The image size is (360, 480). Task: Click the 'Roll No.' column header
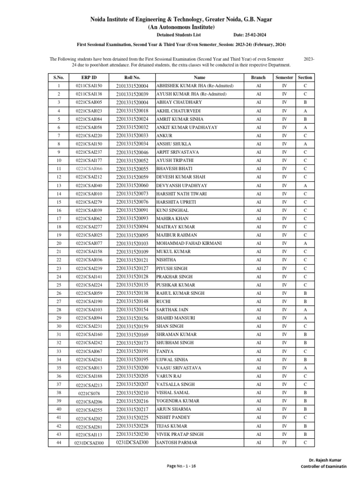tap(132, 77)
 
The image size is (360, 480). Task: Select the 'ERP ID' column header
tap(89, 77)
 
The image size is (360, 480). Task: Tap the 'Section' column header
tap(305, 77)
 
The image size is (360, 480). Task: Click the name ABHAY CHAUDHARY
tap(179, 102)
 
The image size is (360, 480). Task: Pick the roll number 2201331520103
tap(132, 244)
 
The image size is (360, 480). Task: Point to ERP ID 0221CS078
tap(89, 393)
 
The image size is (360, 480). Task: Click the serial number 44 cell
tap(59, 442)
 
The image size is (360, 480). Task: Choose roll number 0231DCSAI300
tap(132, 442)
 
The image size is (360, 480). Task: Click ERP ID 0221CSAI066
tap(89, 169)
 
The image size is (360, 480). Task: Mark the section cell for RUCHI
tap(305, 301)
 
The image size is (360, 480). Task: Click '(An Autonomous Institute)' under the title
tap(181, 27)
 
